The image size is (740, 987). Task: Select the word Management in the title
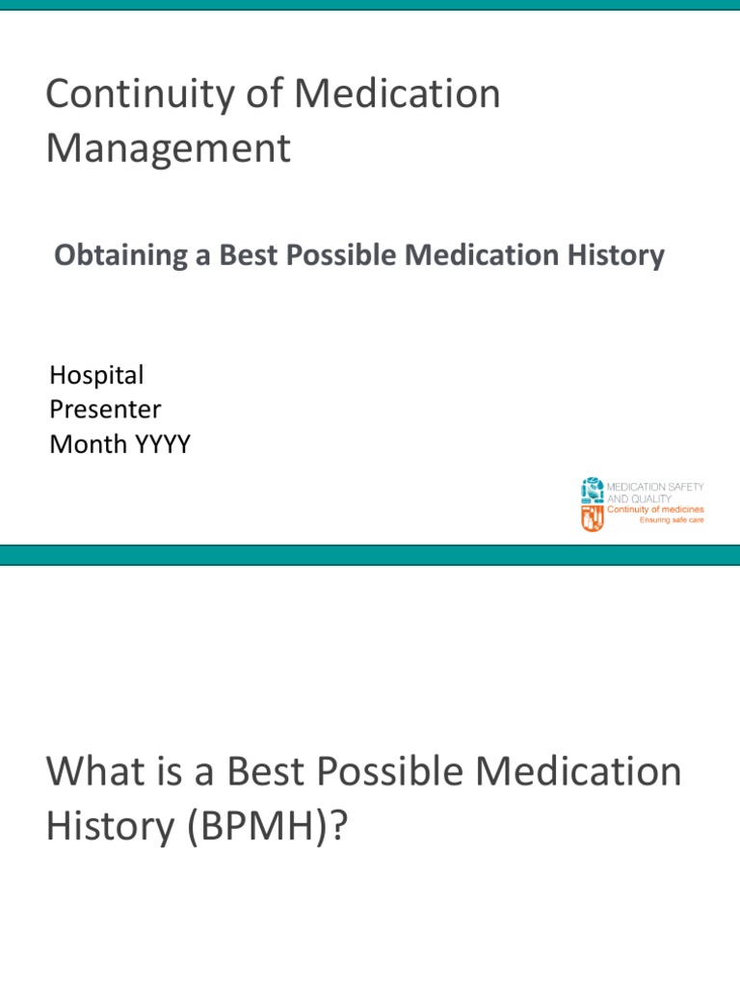168,148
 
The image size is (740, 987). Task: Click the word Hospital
96,375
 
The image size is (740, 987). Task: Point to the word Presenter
105,410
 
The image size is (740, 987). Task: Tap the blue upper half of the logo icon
593,491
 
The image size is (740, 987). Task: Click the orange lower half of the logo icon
593,519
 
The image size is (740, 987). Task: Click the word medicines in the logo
679,510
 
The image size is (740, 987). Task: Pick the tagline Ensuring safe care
673,520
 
